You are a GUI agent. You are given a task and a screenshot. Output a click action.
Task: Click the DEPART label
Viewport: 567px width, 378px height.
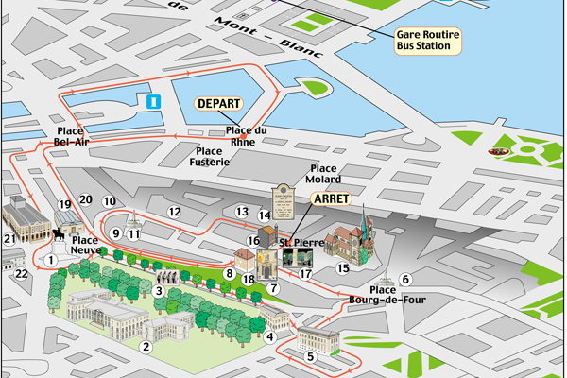pyautogui.click(x=219, y=104)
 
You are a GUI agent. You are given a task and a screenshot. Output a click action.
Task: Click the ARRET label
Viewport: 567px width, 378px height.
pyautogui.click(x=331, y=200)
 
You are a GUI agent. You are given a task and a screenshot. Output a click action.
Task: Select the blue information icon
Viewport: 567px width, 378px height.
pyautogui.click(x=155, y=100)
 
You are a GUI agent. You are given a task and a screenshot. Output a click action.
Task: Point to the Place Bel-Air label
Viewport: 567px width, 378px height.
pyautogui.click(x=72, y=136)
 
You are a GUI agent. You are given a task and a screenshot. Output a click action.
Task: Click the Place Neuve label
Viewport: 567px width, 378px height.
pyautogui.click(x=85, y=246)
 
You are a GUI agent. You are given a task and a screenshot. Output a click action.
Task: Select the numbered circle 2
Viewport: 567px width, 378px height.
pyautogui.click(x=146, y=347)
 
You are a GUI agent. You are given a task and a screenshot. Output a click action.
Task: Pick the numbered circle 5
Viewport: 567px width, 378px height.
pyautogui.click(x=311, y=356)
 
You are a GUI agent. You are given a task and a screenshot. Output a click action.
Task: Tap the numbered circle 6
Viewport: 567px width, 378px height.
pyautogui.click(x=405, y=279)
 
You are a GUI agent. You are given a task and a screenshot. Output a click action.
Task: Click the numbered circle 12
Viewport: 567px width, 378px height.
pyautogui.click(x=174, y=212)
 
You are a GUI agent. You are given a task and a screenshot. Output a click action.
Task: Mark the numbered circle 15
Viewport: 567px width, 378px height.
pyautogui.click(x=343, y=268)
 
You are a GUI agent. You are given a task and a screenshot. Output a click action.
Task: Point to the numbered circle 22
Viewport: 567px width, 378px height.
pyautogui.click(x=22, y=274)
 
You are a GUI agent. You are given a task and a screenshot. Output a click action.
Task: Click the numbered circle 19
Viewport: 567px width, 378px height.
pyautogui.click(x=65, y=204)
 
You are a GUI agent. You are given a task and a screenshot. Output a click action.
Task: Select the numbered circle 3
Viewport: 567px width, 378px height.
pyautogui.click(x=159, y=291)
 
